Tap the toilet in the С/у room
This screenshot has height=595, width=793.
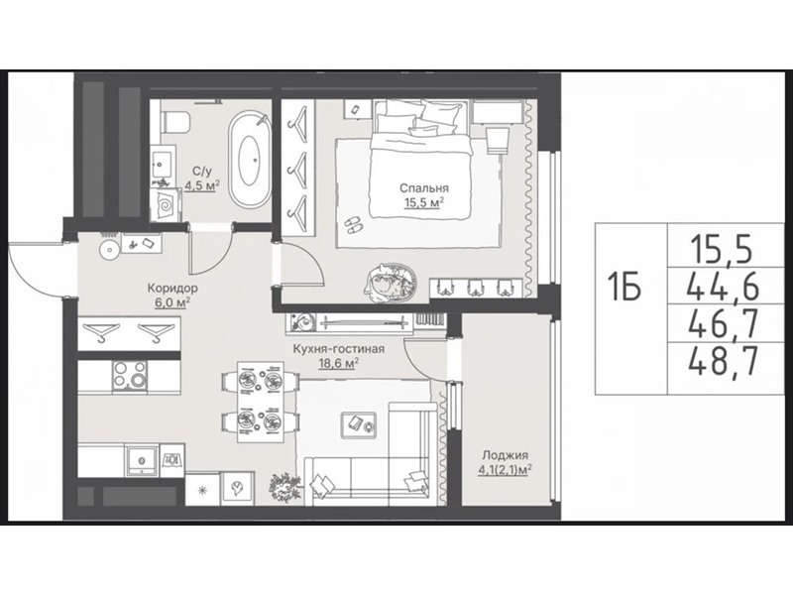[175, 122]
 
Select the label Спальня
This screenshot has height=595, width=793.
[424, 188]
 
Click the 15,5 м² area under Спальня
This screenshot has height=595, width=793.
[424, 203]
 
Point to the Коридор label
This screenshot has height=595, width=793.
[172, 288]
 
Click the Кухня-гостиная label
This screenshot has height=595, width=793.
[339, 349]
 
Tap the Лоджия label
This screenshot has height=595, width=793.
[505, 454]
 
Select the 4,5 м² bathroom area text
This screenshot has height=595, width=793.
[202, 185]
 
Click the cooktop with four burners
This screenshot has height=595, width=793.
[130, 377]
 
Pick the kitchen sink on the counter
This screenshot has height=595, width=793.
[142, 459]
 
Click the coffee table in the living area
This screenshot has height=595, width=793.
[359, 423]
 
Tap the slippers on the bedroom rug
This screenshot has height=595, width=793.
[353, 225]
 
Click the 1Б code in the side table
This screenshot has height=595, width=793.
[624, 288]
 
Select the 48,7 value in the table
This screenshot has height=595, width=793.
[724, 361]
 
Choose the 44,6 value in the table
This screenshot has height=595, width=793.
[724, 288]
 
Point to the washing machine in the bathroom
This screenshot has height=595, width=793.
[167, 204]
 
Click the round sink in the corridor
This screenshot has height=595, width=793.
[109, 251]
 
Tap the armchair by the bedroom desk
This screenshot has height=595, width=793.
[497, 140]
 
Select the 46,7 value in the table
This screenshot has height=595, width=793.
[724, 324]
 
